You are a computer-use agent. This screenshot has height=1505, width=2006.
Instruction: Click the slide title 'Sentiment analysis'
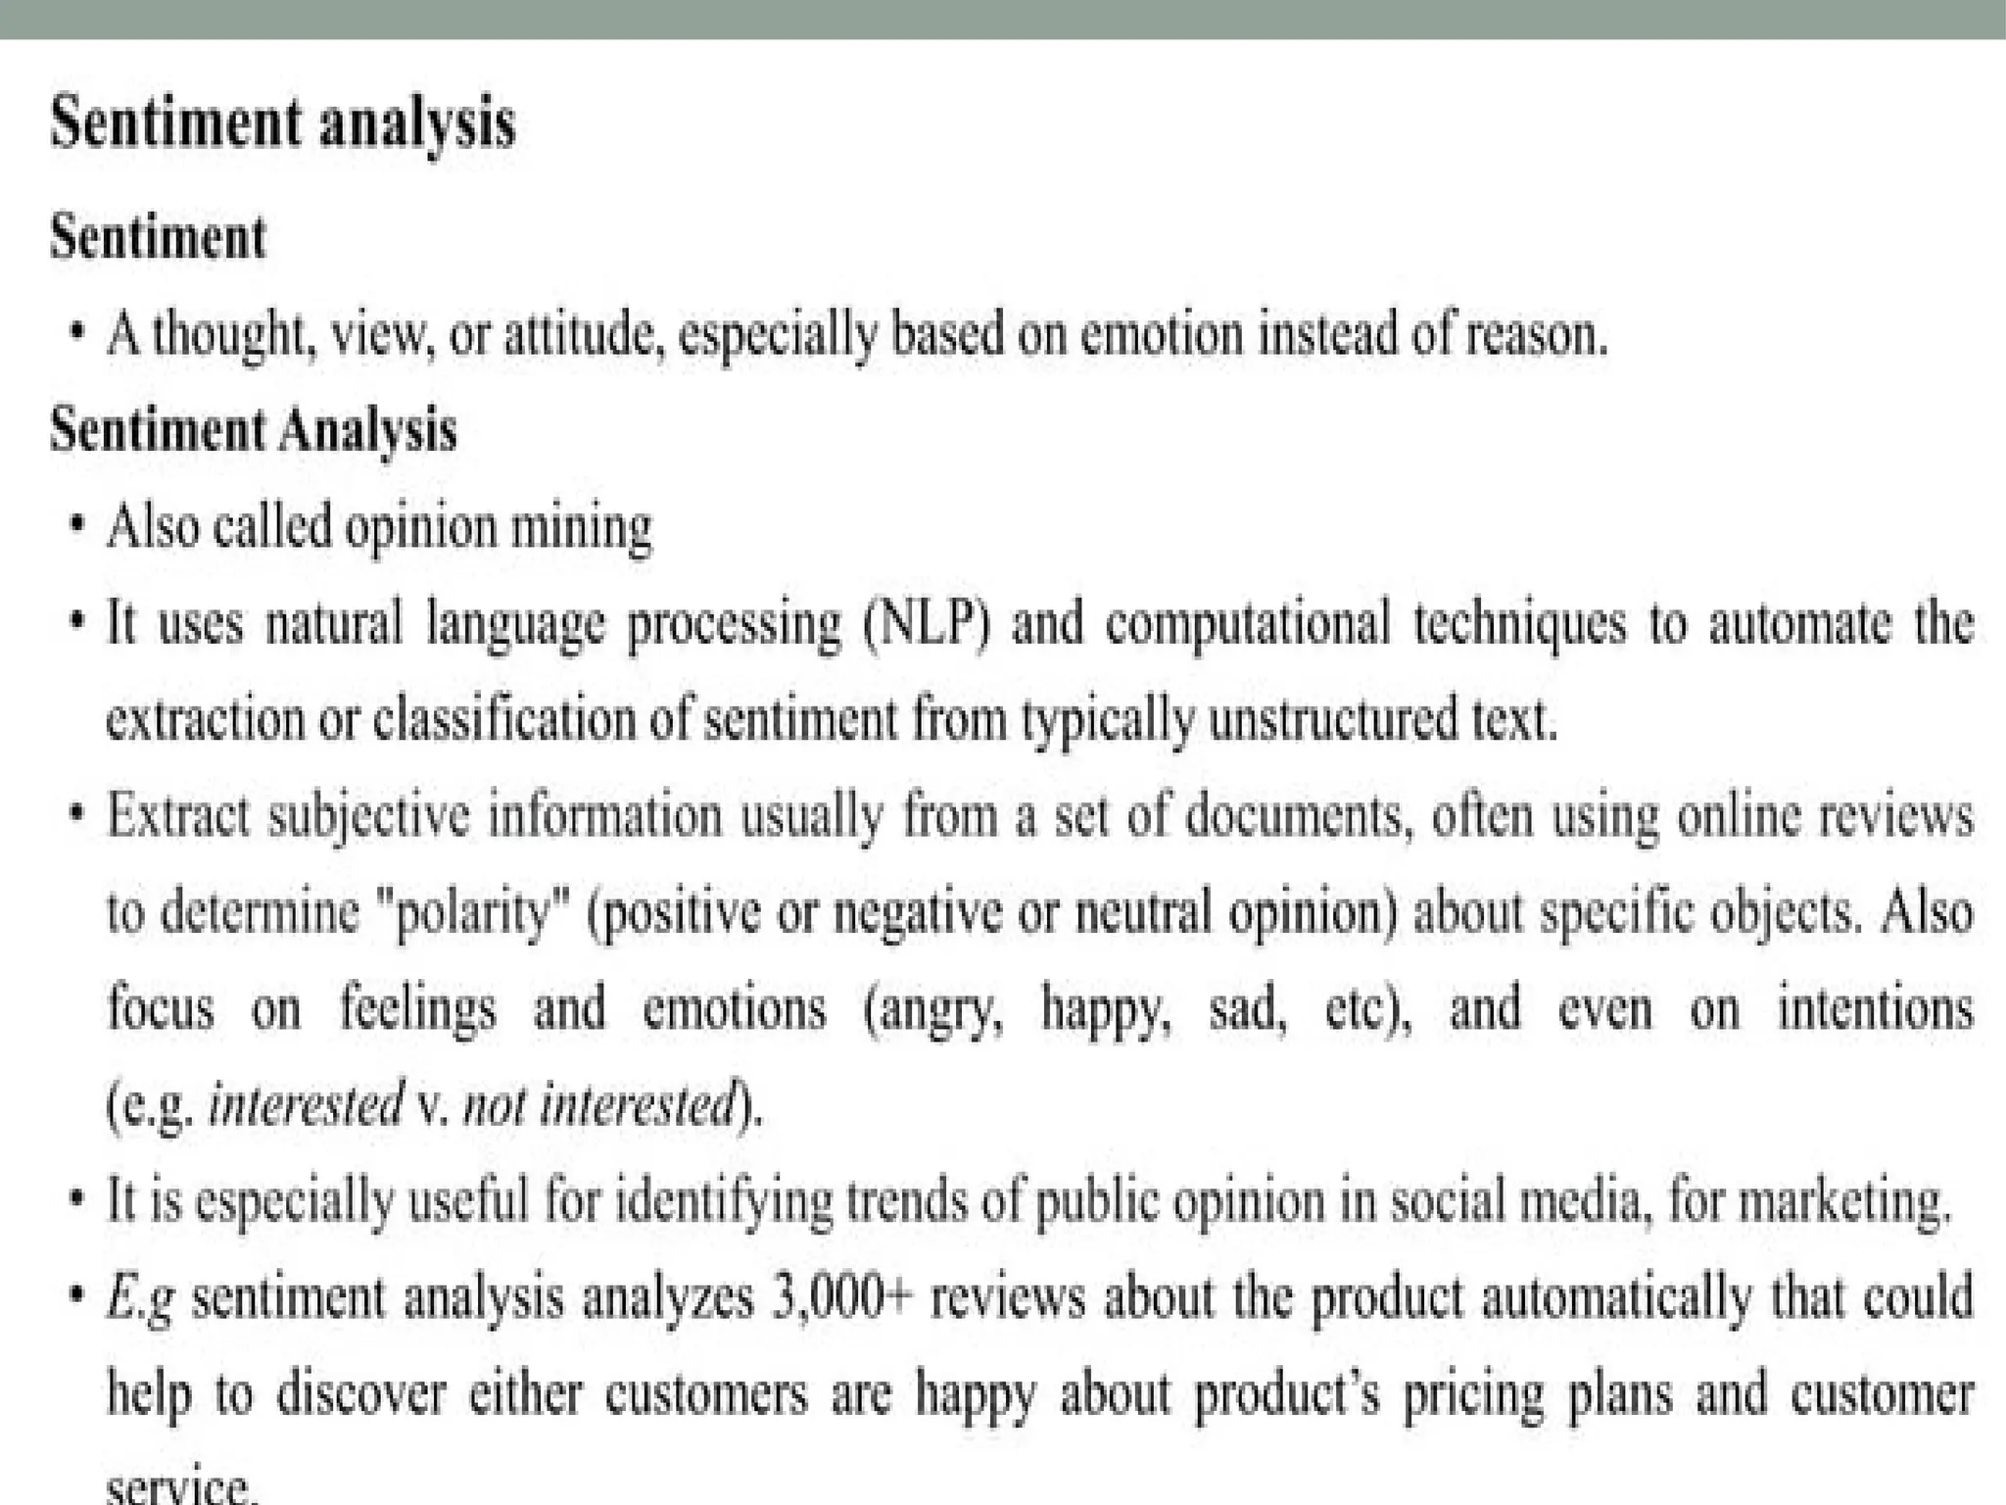click(x=282, y=125)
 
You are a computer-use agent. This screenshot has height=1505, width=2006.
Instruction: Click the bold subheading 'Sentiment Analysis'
click(x=254, y=430)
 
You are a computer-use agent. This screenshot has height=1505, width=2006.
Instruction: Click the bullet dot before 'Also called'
click(x=76, y=526)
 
